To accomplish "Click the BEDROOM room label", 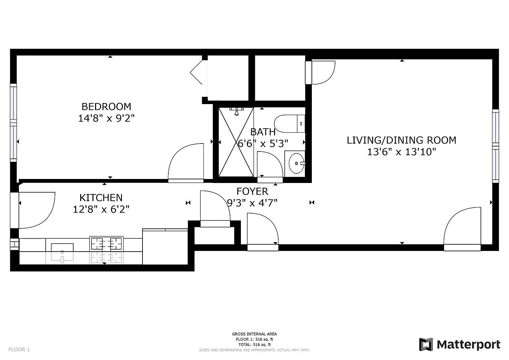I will tap(106, 106).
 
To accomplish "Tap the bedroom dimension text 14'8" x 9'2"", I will tap(106, 118).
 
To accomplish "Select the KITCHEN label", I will tap(101, 198).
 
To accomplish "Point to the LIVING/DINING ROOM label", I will tap(401, 140).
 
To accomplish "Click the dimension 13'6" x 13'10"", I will tap(401, 152).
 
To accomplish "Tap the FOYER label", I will tap(252, 191).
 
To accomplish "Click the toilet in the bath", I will tap(289, 124).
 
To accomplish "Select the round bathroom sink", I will tap(296, 163).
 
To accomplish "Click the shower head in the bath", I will tap(236, 112).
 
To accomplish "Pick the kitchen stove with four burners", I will tap(106, 244).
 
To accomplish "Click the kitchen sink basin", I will tap(62, 248).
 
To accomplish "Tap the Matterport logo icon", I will tap(426, 344).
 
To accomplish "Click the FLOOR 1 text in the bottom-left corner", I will tap(19, 349).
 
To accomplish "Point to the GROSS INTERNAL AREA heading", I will tap(254, 334).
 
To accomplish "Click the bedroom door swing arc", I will tap(186, 162).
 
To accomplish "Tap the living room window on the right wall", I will tap(495, 146).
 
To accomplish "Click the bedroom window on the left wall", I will tap(13, 123).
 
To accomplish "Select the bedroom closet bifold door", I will tap(196, 72).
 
